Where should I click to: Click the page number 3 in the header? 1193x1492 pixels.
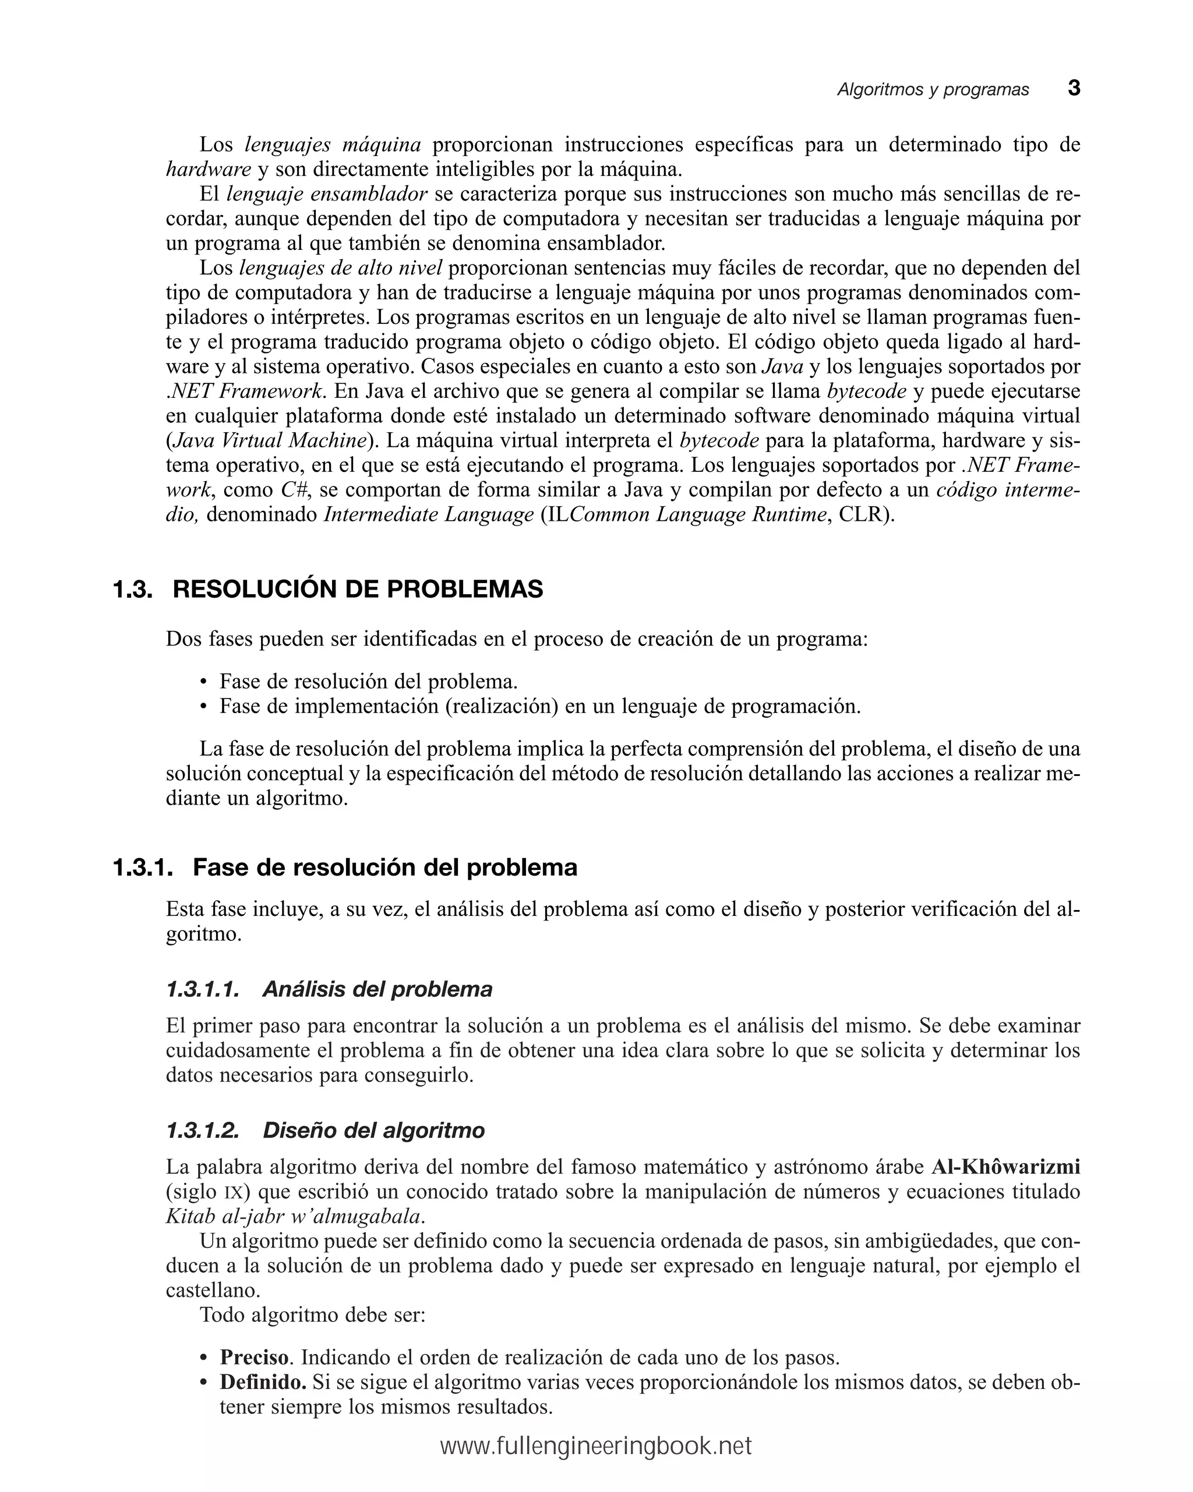[1073, 89]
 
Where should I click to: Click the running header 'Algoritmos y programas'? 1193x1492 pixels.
[933, 90]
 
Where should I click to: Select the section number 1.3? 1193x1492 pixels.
[132, 590]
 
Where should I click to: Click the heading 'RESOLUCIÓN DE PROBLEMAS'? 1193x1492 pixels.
[358, 590]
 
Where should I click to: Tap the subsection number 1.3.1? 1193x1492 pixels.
[142, 868]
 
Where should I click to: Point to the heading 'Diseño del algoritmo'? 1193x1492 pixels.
[373, 1131]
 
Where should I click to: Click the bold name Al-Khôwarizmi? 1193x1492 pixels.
[1005, 1168]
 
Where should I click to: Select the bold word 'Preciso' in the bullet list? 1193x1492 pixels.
[254, 1358]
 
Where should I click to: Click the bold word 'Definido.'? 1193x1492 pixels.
[263, 1382]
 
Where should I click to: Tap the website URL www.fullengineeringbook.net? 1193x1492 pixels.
[596, 1447]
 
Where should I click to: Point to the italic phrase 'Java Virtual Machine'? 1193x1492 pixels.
[269, 441]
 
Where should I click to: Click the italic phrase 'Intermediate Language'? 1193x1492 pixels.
[428, 515]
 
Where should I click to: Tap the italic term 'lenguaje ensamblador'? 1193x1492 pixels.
[327, 195]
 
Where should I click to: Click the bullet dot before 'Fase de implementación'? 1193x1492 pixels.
[203, 707]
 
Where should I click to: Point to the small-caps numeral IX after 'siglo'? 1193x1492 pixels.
[231, 1193]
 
